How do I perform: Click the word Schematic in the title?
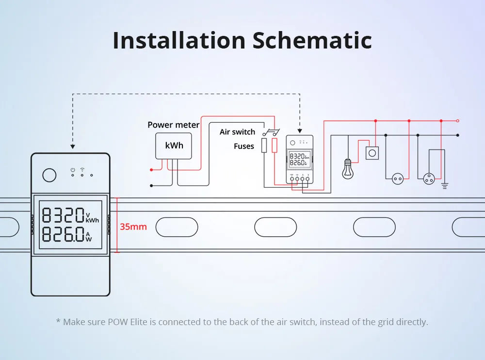point(312,41)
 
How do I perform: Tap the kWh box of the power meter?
point(174,146)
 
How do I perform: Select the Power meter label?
point(173,125)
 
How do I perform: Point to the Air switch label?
point(237,132)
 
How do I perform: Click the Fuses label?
point(244,146)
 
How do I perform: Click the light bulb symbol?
point(347,169)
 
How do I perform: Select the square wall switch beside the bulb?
point(372,153)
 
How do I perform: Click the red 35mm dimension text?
point(133,227)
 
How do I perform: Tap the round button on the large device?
point(49,175)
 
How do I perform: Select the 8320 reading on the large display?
point(64,215)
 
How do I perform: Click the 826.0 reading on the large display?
point(64,234)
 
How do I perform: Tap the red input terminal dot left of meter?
point(152,170)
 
